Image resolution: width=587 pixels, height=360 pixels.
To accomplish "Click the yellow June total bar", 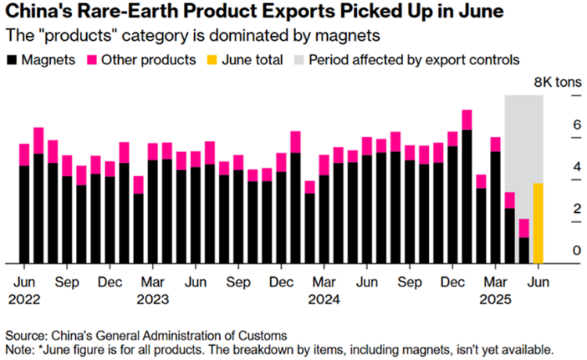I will click(538, 223).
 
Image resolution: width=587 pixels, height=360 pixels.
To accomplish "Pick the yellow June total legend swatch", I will click(212, 59).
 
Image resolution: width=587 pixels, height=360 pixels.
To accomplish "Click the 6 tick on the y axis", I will click(555, 124).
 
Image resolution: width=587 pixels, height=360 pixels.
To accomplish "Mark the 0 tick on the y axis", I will click(555, 250).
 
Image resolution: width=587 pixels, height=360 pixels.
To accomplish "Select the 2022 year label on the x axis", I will click(24, 298).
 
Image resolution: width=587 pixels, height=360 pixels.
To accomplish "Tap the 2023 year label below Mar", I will click(153, 298).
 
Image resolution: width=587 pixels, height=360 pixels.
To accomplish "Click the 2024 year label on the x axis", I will click(325, 298).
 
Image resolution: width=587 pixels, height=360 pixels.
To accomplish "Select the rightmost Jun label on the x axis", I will click(538, 281).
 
